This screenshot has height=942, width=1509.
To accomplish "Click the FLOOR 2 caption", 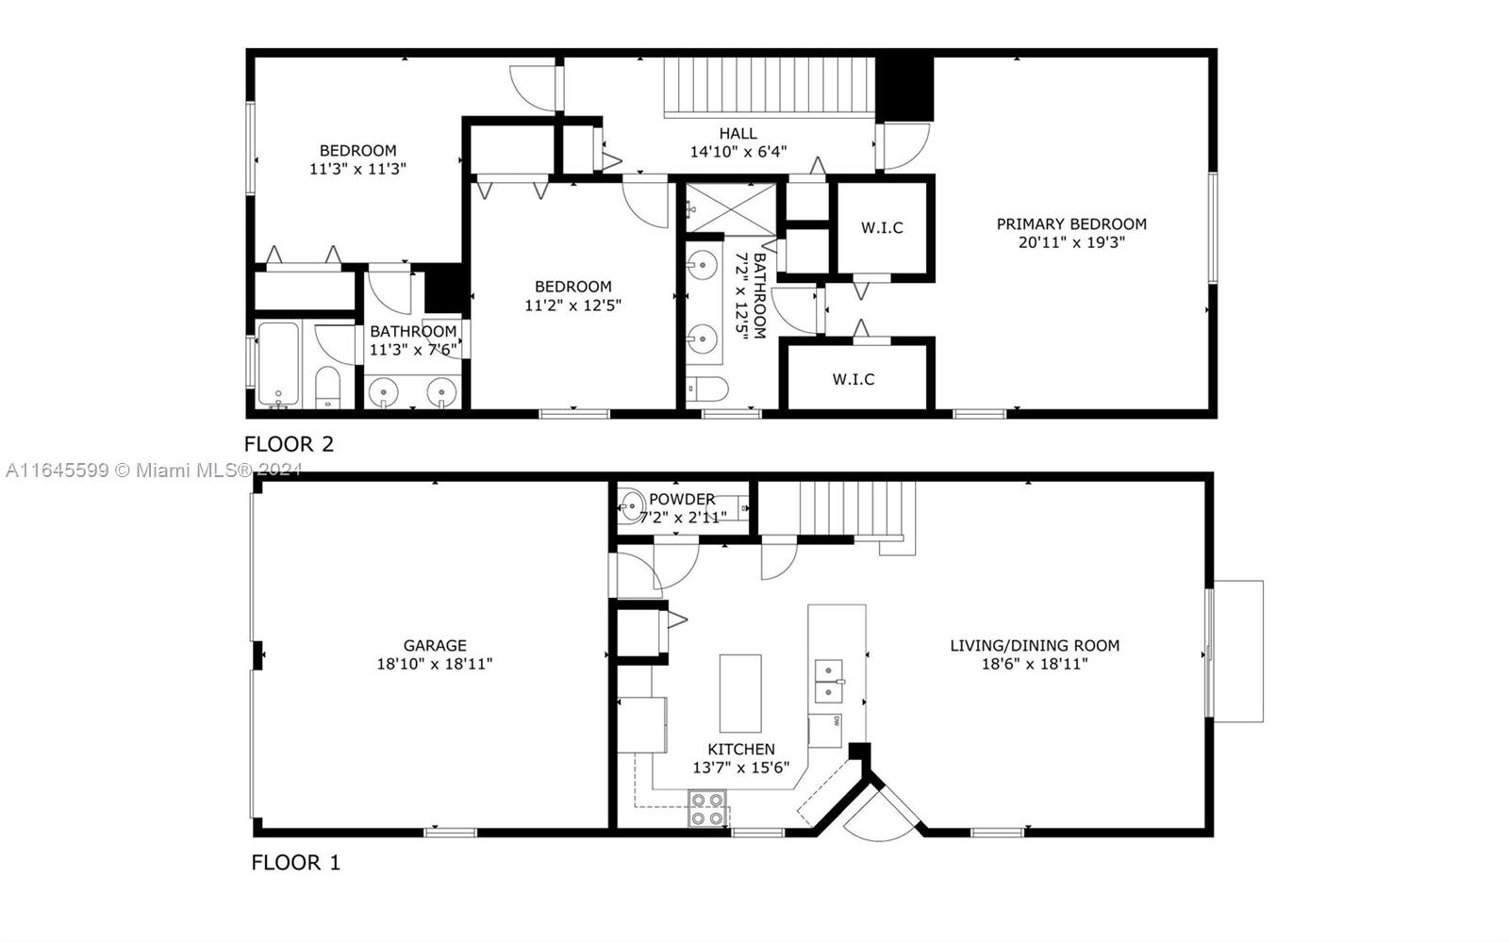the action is (x=289, y=444).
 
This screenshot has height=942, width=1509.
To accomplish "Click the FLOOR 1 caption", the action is (x=296, y=863).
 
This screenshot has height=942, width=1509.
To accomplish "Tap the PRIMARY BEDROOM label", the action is (x=1071, y=224).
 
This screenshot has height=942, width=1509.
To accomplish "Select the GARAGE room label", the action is (x=435, y=646).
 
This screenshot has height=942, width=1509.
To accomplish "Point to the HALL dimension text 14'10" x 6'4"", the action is (x=738, y=152).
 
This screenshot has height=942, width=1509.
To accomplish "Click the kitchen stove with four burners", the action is (x=707, y=809).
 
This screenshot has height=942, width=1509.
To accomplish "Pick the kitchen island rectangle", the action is (x=740, y=693).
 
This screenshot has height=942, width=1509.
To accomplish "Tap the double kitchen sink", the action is (x=829, y=682).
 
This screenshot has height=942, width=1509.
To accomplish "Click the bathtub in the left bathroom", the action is (x=278, y=364).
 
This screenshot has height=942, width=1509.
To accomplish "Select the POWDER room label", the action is (x=682, y=500).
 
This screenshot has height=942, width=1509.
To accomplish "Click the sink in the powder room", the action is (x=631, y=504).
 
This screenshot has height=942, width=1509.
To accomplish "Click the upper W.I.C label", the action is (x=882, y=228).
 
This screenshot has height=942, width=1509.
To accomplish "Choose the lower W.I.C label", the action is (x=854, y=380).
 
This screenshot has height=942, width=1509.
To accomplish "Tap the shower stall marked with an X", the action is (x=731, y=208).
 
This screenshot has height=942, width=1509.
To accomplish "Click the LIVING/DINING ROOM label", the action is (x=1035, y=646).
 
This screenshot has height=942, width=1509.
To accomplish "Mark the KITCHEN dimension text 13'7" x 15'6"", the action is (x=741, y=768).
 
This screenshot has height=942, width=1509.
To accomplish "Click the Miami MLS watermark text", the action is (x=154, y=470).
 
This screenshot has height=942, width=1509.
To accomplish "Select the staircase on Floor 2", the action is (x=770, y=87).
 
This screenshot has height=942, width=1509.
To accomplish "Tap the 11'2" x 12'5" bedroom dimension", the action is (x=572, y=306).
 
